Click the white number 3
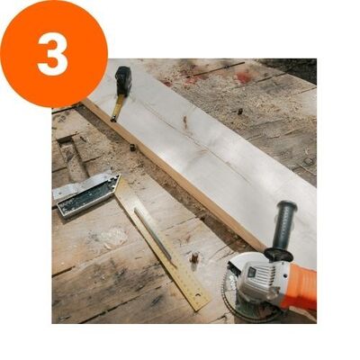[53, 54]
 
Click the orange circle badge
[54, 54]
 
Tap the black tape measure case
[123, 80]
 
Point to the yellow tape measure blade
[118, 107]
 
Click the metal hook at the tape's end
[113, 120]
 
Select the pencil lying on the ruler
[153, 234]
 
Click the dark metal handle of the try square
[87, 194]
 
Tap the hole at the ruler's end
[198, 295]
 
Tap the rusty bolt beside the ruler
[194, 257]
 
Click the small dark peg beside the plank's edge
[132, 147]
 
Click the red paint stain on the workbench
[243, 77]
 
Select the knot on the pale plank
[185, 121]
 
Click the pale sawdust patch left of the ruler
[112, 237]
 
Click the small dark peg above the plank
[239, 112]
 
